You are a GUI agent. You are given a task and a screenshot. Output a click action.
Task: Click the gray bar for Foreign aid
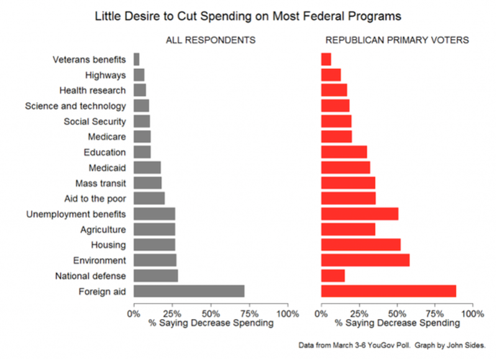coord(189,291)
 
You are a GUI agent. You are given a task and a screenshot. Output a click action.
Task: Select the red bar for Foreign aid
coord(388,291)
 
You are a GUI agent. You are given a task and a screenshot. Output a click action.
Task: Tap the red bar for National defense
coord(332,276)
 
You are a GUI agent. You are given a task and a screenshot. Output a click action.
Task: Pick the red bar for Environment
coord(365,260)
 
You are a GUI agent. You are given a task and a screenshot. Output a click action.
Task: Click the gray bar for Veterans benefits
coord(137,60)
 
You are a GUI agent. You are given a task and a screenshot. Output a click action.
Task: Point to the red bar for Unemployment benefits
coord(359,214)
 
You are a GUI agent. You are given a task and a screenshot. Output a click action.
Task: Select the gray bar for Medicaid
coord(147,168)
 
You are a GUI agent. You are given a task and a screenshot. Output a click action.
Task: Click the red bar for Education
coord(344,152)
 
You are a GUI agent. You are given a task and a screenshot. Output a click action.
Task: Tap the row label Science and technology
coord(75,106)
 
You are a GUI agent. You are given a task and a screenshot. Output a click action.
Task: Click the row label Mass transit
coord(101,183)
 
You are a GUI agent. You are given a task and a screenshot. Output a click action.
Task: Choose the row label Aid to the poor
coord(96,199)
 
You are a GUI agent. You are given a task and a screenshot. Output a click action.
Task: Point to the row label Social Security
coord(94,122)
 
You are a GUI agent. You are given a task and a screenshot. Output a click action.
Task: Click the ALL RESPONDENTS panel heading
coord(211,40)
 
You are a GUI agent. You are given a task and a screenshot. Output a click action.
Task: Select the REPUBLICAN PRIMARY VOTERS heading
coord(397,40)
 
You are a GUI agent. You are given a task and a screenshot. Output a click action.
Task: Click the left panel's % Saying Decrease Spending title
coord(211,323)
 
